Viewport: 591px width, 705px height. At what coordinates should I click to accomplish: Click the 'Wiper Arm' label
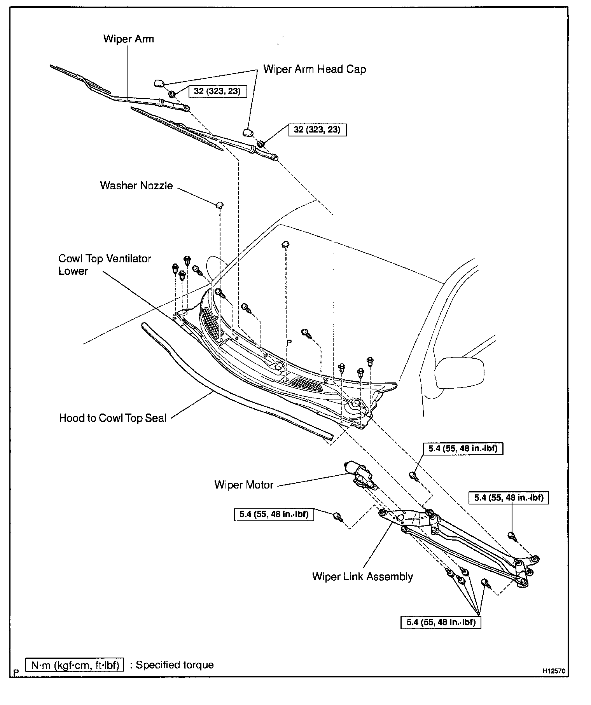[128, 39]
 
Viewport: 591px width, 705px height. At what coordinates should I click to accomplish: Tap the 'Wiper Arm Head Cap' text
[315, 69]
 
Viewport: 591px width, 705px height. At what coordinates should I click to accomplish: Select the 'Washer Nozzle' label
[136, 185]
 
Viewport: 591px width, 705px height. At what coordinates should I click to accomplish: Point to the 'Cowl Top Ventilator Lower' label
[105, 265]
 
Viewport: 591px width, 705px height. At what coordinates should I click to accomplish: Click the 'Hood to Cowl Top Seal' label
[113, 418]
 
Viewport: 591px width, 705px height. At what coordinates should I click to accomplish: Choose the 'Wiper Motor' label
[244, 485]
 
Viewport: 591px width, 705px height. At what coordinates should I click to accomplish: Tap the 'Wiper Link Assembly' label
[362, 576]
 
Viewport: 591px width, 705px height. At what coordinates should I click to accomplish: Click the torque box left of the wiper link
[274, 515]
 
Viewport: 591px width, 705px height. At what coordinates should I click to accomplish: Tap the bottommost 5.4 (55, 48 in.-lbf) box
[441, 622]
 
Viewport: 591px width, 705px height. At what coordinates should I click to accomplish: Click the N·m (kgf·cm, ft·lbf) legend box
[75, 665]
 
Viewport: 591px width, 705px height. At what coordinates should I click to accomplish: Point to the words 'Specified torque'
[175, 665]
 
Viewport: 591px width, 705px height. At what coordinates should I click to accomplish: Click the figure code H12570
[554, 671]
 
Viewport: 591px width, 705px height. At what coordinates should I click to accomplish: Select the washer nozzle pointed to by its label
[220, 204]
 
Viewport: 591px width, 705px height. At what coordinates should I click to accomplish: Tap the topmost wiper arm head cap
[159, 82]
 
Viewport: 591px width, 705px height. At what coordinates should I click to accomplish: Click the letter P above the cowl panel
[289, 342]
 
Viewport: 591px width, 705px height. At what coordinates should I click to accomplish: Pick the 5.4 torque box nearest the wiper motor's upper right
[463, 448]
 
